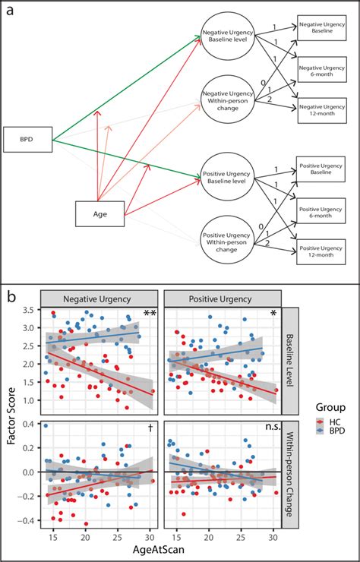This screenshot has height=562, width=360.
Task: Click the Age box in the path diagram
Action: [x=99, y=214]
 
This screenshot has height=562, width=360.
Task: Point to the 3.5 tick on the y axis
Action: [x=30, y=310]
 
